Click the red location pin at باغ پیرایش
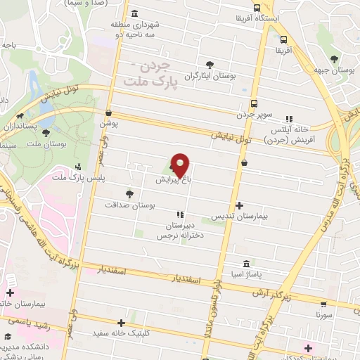coord(181,165)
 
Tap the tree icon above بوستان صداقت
coord(129,193)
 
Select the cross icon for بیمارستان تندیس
coord(240,206)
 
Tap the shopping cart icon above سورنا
coord(323,304)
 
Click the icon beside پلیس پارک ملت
coord(78,167)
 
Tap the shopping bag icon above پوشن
coord(108,112)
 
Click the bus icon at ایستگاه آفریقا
coord(283,39)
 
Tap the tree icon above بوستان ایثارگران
coord(209,65)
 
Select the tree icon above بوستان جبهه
coord(333,60)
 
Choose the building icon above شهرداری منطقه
coord(134,14)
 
